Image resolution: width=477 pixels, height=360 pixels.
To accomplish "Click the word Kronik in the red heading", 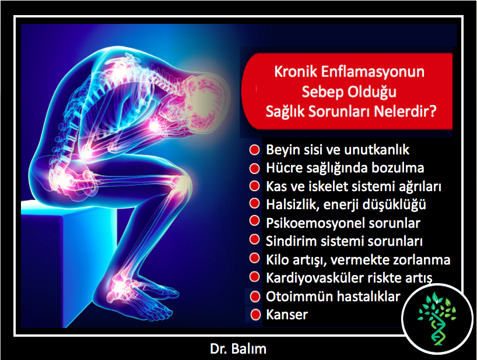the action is (296, 72).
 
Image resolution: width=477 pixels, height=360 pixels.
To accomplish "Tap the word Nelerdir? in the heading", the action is (405, 111).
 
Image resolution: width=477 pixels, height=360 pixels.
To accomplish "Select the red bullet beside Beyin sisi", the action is (254, 150).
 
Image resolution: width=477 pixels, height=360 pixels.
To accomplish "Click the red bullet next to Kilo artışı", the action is (254, 258).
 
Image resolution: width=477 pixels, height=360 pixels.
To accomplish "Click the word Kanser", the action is (287, 315).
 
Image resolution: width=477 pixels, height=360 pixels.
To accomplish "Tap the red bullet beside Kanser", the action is (255, 315).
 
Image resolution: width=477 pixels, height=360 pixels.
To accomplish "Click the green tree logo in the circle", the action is (437, 319).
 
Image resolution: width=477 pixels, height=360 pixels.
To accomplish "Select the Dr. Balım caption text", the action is (238, 349).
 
